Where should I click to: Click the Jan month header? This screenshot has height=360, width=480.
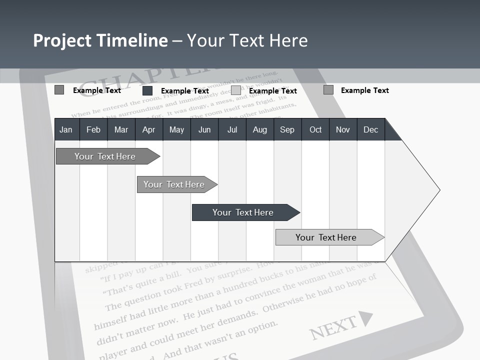66,129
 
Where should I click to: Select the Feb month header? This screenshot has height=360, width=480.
93,129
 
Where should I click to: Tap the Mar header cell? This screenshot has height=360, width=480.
121,129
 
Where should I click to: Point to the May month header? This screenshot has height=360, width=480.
176,129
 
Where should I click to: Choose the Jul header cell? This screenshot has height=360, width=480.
232,129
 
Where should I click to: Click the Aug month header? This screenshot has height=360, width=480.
259,129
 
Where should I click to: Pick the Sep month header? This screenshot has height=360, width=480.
287,129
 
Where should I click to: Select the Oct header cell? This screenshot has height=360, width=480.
315,129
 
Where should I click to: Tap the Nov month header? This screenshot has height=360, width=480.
343,129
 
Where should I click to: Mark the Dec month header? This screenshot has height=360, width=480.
370,129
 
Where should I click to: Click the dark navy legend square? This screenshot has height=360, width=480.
147,90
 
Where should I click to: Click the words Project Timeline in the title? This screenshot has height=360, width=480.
100,40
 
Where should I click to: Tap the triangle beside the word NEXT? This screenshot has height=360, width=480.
366,318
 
